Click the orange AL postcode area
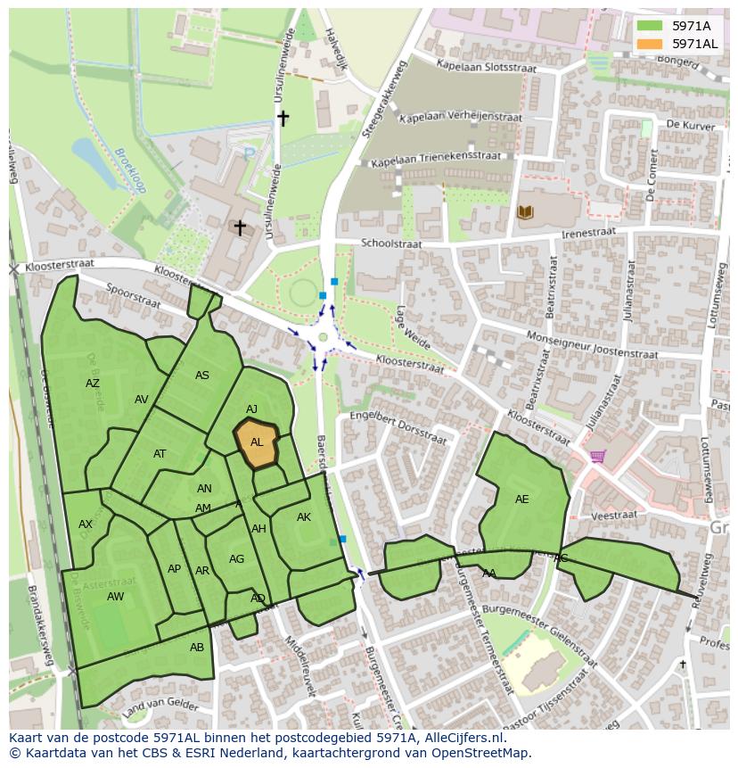click(x=256, y=443)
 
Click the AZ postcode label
click(x=93, y=384)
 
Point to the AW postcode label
click(x=115, y=596)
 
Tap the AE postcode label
click(x=521, y=500)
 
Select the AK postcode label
click(x=304, y=517)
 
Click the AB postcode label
click(x=197, y=648)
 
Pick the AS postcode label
click(x=202, y=376)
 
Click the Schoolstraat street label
click(x=389, y=244)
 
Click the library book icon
click(x=525, y=211)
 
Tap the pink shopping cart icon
click(x=597, y=457)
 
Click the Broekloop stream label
click(x=129, y=171)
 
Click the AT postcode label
click(x=160, y=454)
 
